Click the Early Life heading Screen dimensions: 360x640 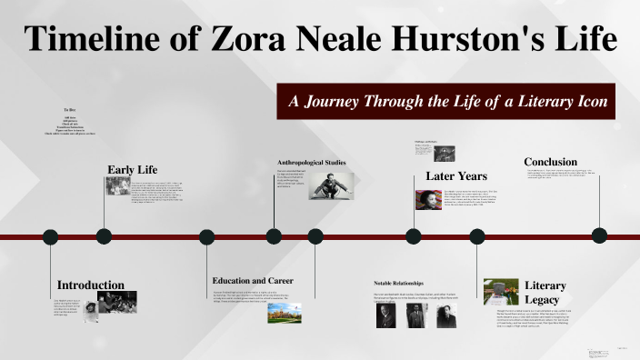133,169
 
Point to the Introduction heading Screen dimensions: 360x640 91,285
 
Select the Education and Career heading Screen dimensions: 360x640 253,280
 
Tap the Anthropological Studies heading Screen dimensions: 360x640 312,163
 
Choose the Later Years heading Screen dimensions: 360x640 456,175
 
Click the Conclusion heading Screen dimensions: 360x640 550,162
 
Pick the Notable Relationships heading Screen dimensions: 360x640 399,284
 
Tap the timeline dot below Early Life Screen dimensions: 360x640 104,236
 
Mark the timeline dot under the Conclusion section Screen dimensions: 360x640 599,236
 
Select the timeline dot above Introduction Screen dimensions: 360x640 50,236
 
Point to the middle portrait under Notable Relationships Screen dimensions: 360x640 416,315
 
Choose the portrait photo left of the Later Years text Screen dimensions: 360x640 428,199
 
